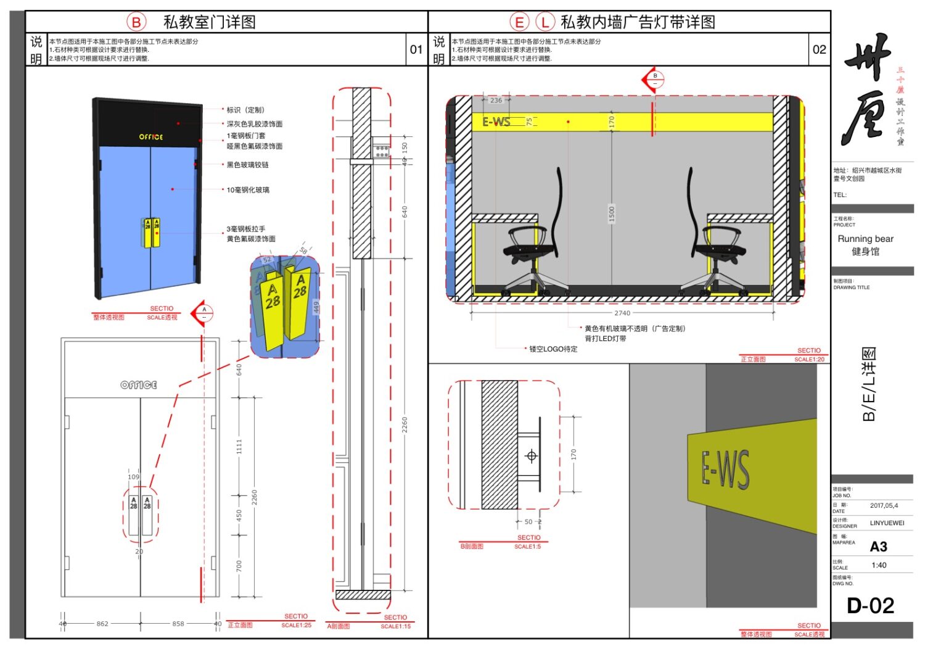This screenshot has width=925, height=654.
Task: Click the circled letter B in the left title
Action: (136, 22)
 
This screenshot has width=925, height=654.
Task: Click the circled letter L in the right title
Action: (545, 22)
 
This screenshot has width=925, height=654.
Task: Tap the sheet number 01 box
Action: (416, 49)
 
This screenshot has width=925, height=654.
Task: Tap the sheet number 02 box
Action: (819, 49)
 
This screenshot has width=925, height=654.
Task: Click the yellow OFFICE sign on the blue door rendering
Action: (151, 137)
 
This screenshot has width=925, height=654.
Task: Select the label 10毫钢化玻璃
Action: (248, 190)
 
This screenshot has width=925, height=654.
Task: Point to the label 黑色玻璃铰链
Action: (247, 165)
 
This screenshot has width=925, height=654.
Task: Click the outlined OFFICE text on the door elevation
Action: (139, 385)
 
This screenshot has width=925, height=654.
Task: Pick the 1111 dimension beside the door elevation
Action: (239, 446)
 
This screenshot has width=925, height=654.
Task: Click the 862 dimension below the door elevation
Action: (102, 624)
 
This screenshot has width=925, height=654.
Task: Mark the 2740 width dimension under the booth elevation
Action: (622, 313)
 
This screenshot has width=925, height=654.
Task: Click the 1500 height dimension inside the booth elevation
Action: (612, 213)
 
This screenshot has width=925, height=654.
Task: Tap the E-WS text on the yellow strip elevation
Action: (496, 122)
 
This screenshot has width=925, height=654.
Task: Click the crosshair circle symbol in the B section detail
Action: (531, 456)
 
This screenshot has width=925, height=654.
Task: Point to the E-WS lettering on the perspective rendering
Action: (726, 470)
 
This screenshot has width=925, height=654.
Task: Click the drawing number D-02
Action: (870, 605)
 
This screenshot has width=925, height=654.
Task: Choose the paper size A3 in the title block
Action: (878, 547)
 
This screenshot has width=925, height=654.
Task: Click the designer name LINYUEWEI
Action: (887, 523)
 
